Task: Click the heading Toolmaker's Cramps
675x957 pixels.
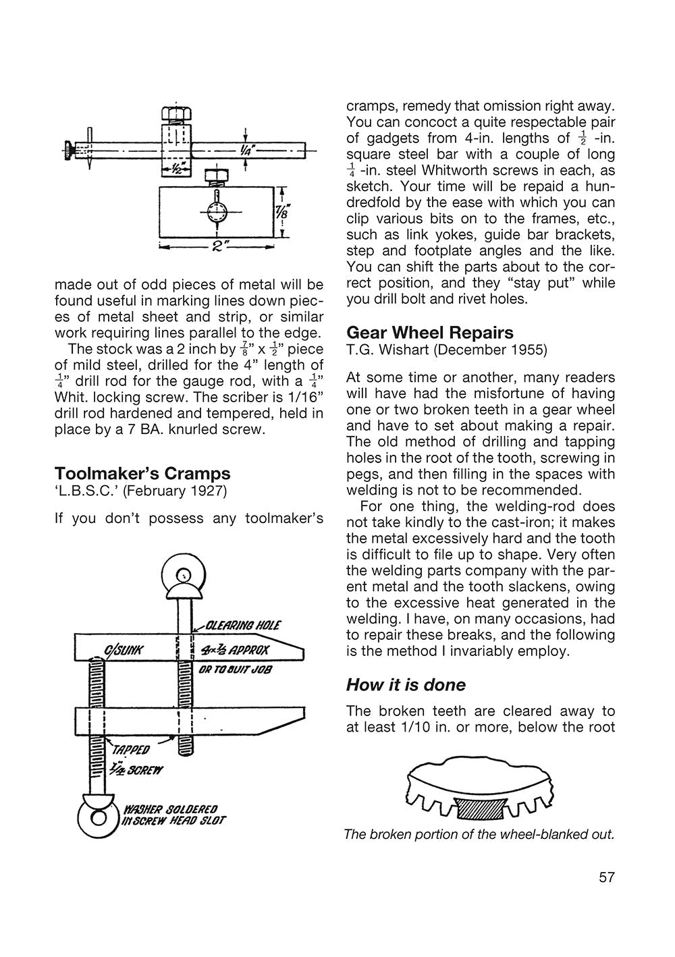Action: pos(142,472)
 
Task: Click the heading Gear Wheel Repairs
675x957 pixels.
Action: pos(430,332)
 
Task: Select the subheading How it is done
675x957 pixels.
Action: pos(406,685)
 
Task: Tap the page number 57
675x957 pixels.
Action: pos(606,877)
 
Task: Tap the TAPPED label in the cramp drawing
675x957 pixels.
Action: pos(126,749)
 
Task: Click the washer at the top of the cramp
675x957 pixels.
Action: pos(182,575)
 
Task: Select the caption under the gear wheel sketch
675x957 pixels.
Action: pos(479,834)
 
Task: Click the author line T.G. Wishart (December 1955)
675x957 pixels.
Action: pos(447,350)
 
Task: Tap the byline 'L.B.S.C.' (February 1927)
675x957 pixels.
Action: pos(140,491)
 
